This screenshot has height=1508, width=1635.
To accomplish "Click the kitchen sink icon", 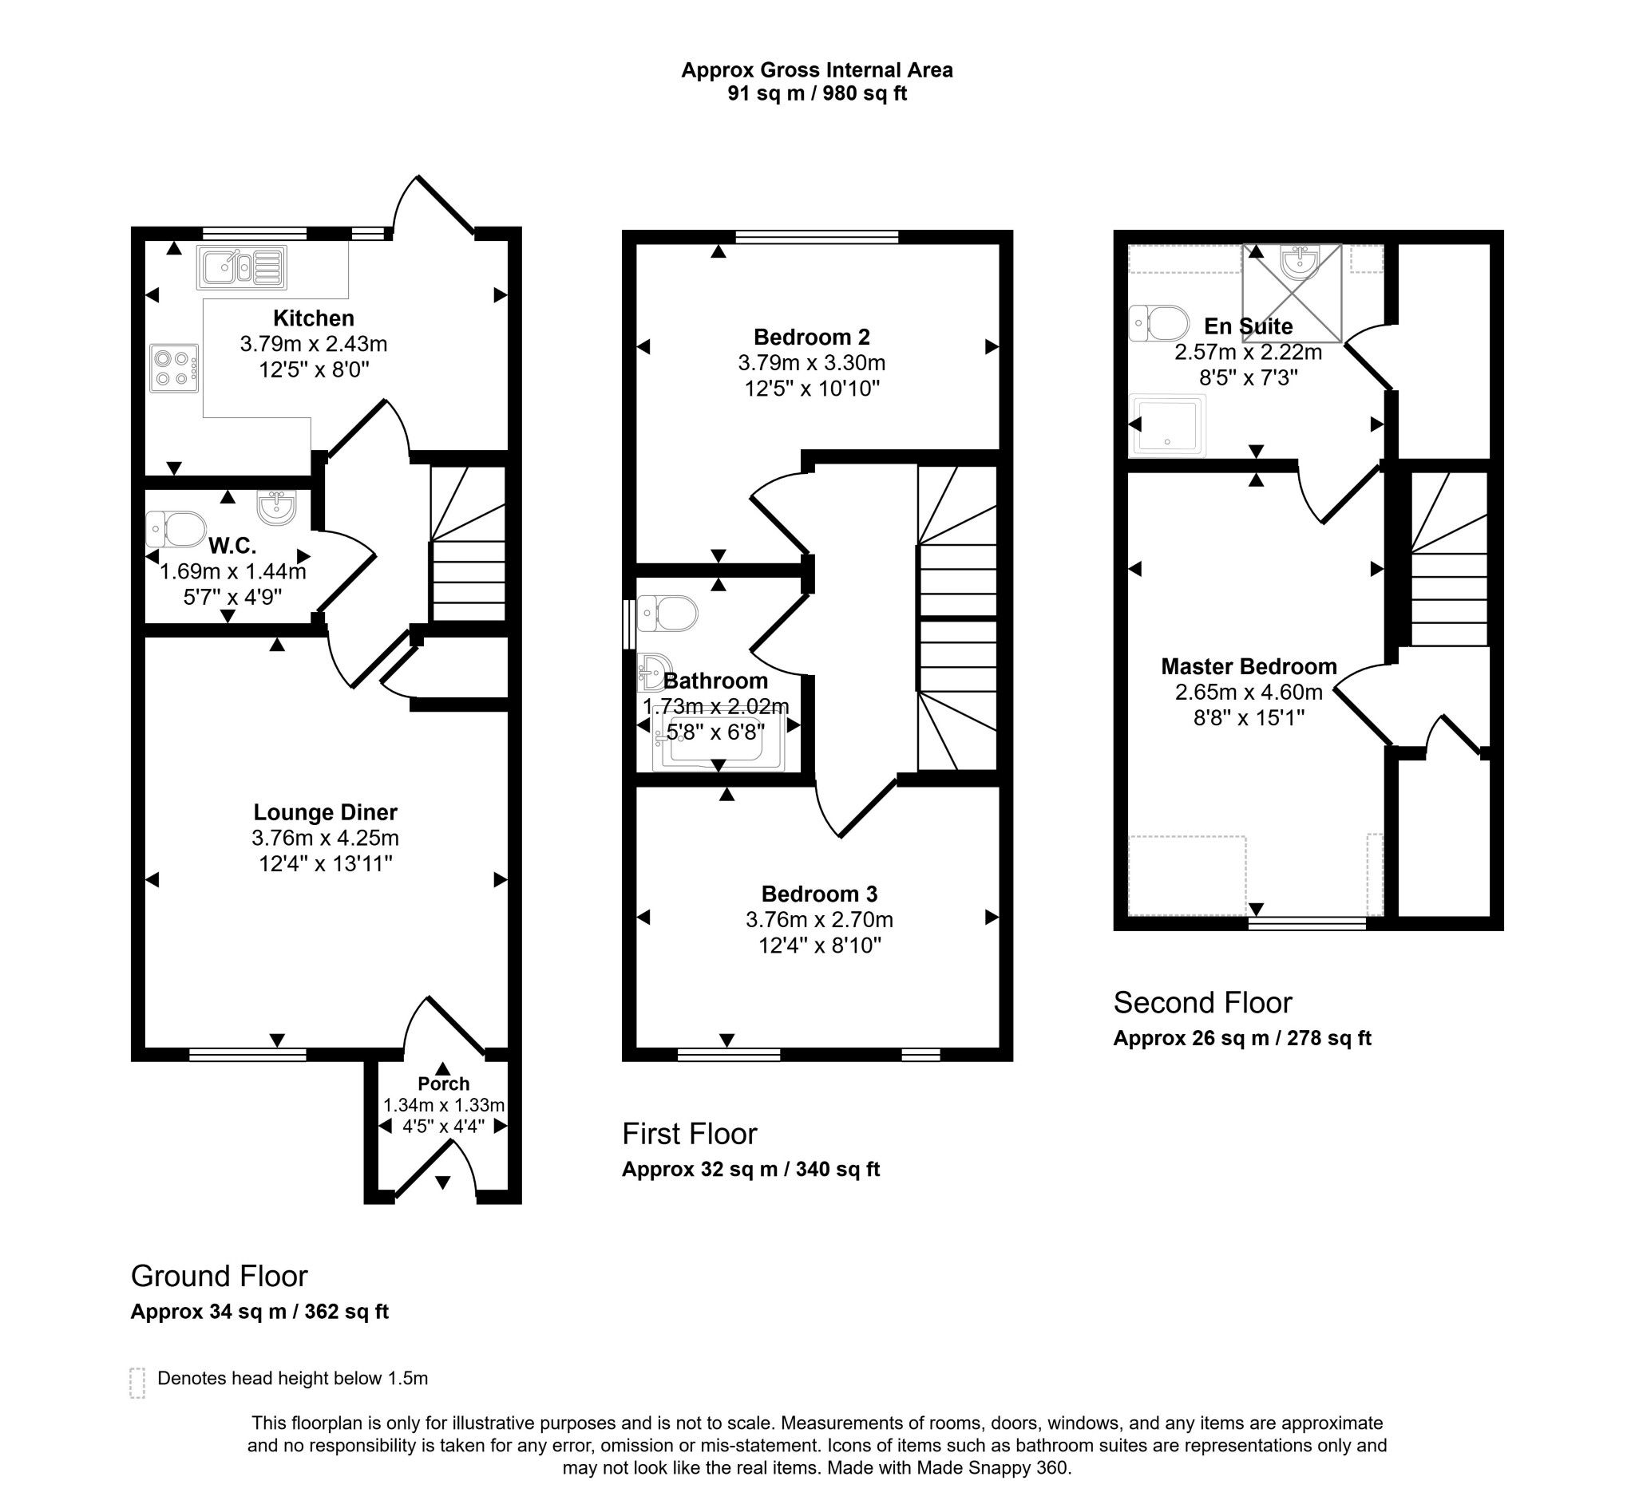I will tap(241, 268).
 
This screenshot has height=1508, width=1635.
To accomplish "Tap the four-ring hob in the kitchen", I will tap(174, 368).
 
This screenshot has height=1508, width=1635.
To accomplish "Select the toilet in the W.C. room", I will tap(176, 529).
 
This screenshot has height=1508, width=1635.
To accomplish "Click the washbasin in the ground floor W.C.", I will tap(276, 507).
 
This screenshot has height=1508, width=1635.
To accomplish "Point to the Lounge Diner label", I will tap(325, 812).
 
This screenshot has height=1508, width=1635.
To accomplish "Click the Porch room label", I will tap(443, 1084).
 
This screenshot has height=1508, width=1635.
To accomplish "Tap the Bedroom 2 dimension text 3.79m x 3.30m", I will tap(811, 362).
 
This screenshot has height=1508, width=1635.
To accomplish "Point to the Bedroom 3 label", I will tap(819, 894).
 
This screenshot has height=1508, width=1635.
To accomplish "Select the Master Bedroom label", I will tap(1248, 667).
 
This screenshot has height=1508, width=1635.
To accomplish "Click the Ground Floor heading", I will tap(219, 1276).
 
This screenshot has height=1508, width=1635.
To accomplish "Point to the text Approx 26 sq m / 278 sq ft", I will tap(1241, 1038).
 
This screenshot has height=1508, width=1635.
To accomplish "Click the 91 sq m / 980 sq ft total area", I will tap(816, 93).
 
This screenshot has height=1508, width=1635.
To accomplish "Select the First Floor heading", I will tap(689, 1134).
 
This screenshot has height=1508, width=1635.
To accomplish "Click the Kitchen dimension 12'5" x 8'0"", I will tap(314, 369).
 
